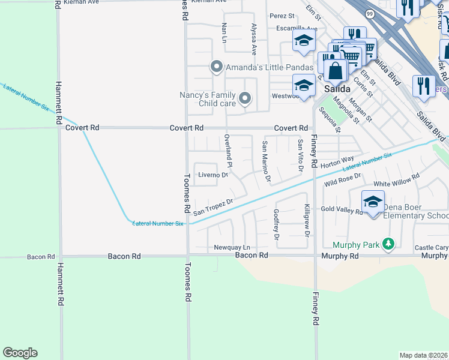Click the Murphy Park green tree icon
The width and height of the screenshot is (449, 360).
click(389, 244)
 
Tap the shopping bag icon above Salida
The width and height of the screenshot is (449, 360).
click(336, 71)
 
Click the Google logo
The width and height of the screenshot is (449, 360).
click(20, 353)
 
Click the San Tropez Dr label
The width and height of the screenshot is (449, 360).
click(212, 207)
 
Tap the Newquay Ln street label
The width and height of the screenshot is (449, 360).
click(232, 247)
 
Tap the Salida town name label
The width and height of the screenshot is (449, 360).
click(337, 88)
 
